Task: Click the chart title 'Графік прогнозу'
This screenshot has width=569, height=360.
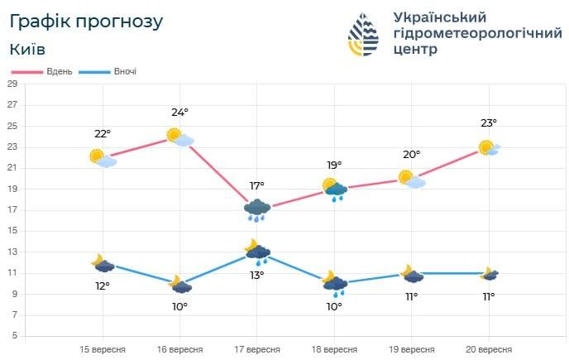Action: [86, 21]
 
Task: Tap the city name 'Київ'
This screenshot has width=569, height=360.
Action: [28, 49]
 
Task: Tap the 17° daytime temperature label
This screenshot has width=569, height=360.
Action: [257, 186]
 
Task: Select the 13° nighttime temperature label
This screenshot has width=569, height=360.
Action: [257, 275]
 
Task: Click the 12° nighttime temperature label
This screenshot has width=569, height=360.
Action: [102, 286]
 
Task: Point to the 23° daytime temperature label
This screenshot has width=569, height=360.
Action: [489, 123]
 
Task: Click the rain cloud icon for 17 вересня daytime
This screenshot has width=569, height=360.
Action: [257, 210]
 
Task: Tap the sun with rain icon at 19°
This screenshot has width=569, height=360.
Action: [334, 190]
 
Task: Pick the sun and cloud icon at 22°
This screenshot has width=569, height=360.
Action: [103, 157]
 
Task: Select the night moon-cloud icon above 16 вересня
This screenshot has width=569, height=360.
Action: [180, 286]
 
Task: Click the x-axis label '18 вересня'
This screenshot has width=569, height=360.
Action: [334, 349]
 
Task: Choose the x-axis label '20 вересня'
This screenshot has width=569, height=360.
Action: [489, 349]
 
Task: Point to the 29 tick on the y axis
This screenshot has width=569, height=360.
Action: [13, 84]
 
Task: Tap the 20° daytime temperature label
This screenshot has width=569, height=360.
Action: [412, 155]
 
